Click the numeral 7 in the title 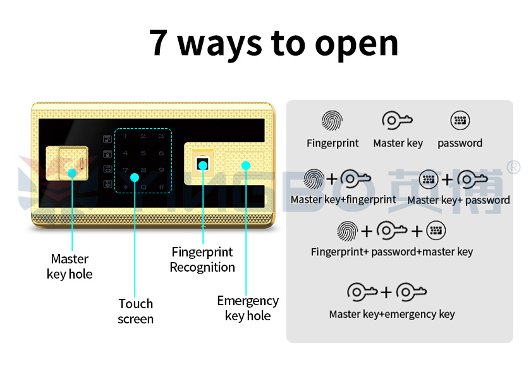pos(158,43)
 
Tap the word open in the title pos(357,45)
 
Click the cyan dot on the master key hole pos(72,173)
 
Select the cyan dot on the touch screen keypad pos(135,177)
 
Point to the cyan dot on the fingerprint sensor pos(203,165)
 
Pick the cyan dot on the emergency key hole pos(246,165)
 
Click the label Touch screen pos(135,311)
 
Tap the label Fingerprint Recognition pos(202,260)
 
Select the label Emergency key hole pos(248,308)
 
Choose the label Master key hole pos(70,267)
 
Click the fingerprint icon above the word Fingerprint pos(332,121)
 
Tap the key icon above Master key pos(397,121)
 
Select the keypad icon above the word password pos(460,120)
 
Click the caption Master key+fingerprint pos(343,200)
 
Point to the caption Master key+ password pos(458,200)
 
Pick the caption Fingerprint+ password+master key pos(392,252)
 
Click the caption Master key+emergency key pos(392,315)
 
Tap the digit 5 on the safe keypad pos(143,153)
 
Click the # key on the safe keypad pos(162,187)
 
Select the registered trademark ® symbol pos(513,167)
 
